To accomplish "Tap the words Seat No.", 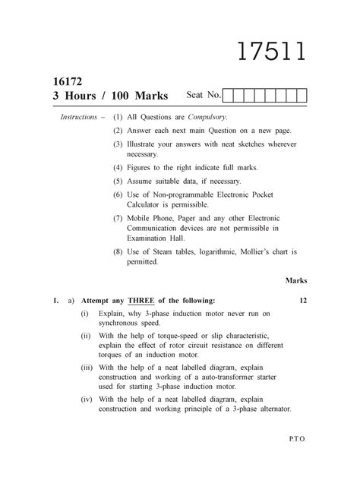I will click(x=204, y=96).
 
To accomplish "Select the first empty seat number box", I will click(x=229, y=96).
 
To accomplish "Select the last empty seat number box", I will click(x=301, y=96).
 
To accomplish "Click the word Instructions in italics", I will click(x=78, y=118).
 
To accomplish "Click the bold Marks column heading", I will click(x=295, y=280).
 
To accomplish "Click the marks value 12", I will click(x=302, y=301).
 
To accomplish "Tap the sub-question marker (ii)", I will click(x=85, y=335).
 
